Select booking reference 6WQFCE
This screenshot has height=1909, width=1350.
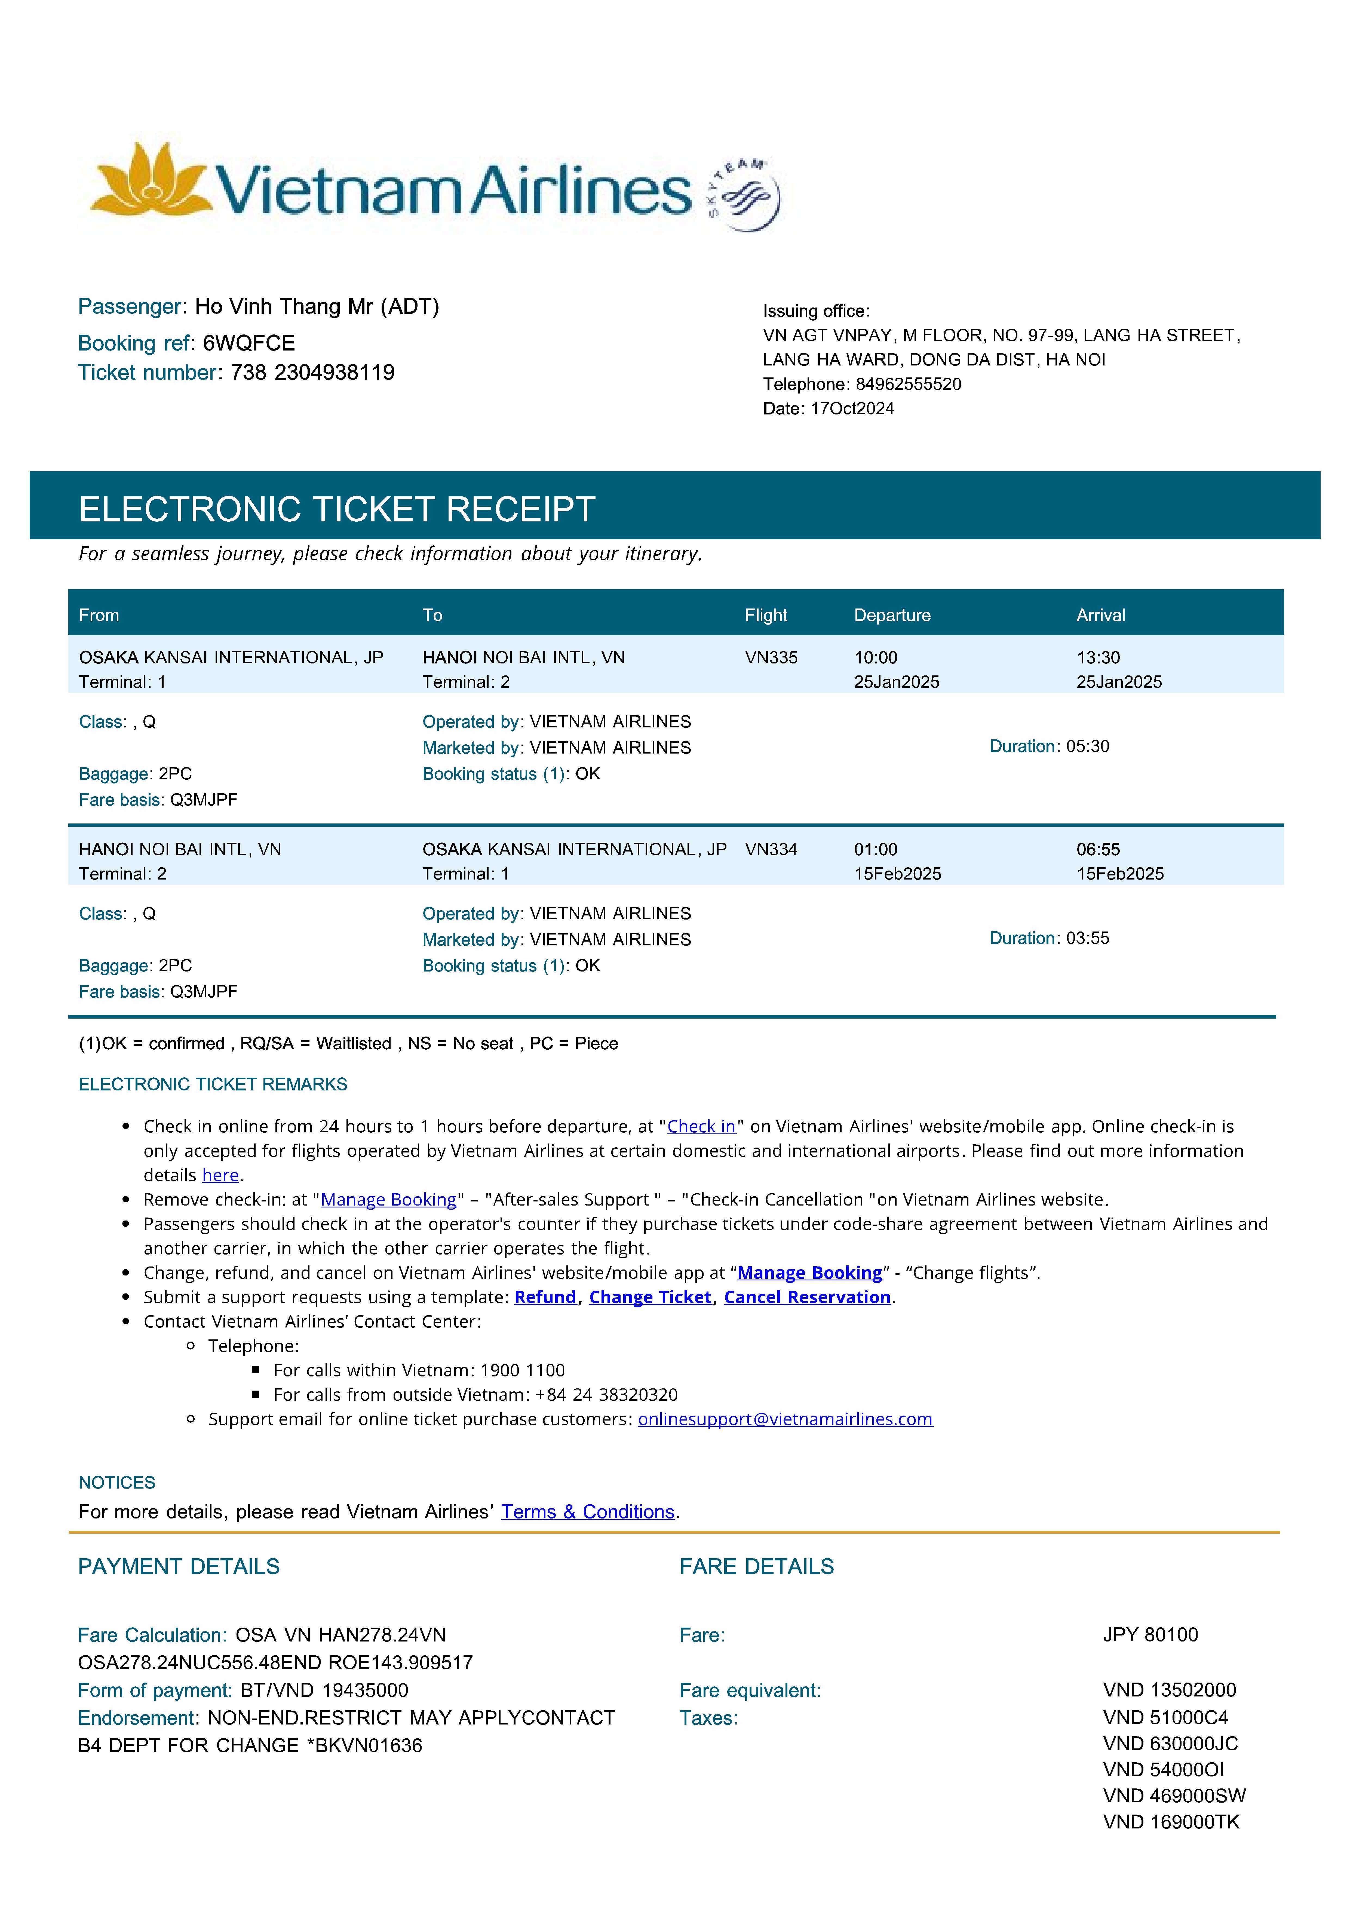(249, 343)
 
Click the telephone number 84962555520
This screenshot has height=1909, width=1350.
(908, 384)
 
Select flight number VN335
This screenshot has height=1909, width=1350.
(771, 658)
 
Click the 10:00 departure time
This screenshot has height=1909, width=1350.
(876, 658)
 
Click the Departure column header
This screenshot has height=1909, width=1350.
(892, 615)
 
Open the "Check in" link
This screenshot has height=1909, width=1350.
(701, 1127)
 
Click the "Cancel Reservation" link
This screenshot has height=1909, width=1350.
(807, 1297)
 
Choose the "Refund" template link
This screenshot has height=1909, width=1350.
(545, 1297)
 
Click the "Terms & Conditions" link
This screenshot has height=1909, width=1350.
(587, 1512)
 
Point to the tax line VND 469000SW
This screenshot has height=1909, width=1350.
(1174, 1796)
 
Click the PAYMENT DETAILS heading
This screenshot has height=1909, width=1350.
(179, 1566)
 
